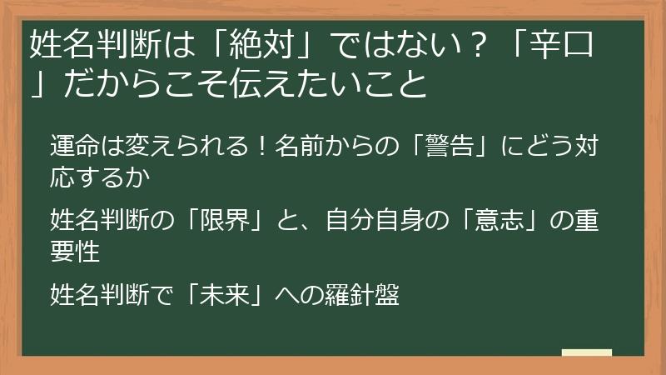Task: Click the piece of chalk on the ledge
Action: pyautogui.click(x=586, y=353)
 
